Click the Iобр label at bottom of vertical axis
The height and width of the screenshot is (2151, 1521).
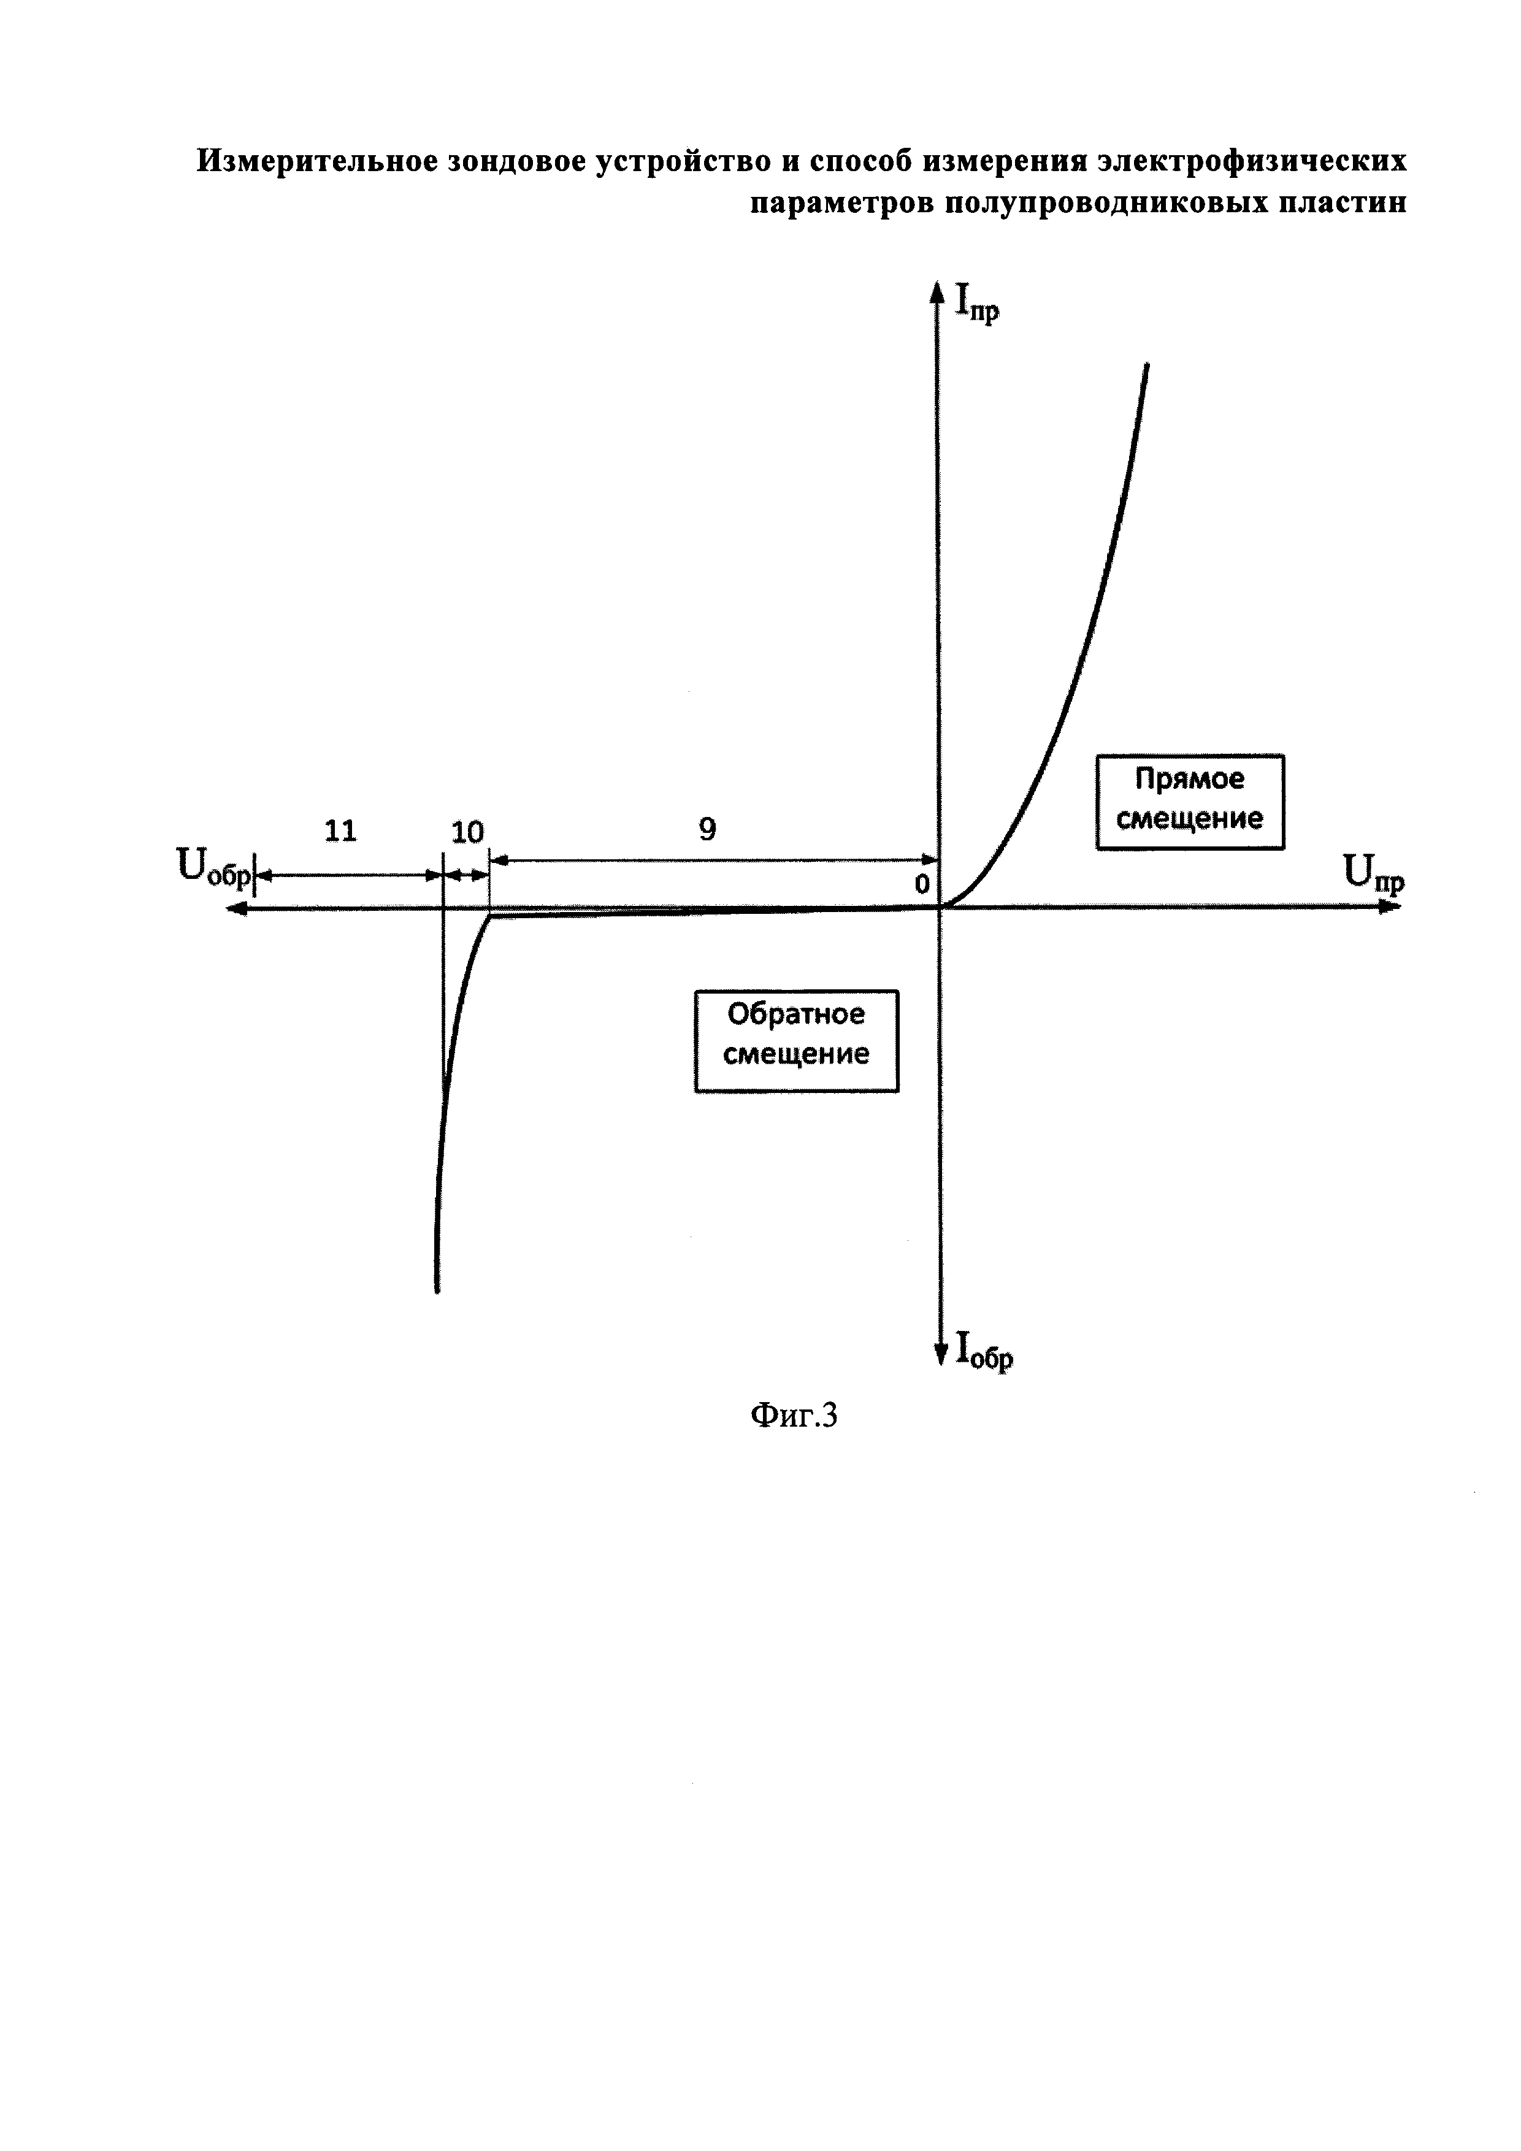[983, 1351]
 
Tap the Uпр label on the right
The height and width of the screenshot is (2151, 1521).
[1374, 875]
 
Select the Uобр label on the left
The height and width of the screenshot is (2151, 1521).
[213, 867]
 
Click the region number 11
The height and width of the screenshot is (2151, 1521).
[341, 831]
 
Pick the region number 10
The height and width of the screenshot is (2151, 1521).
[467, 832]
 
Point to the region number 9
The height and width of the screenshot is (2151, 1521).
[707, 829]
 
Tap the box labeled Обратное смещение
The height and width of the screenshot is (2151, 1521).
[796, 1041]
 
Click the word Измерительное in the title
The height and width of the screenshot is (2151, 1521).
[316, 161]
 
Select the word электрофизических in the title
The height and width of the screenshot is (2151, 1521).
[1253, 161]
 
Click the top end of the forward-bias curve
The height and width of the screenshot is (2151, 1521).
[1146, 366]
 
